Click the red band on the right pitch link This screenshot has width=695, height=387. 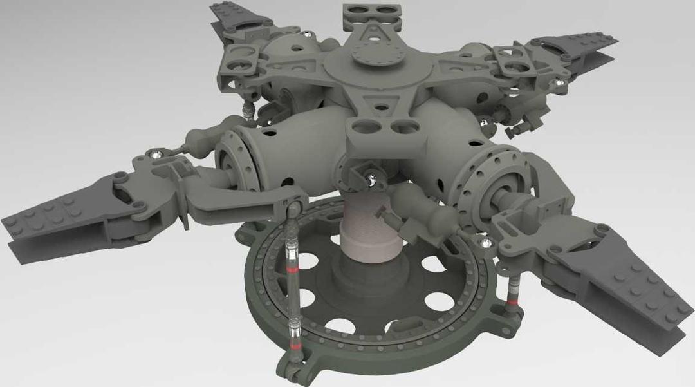[512, 300]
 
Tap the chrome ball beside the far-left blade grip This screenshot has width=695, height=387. [156, 153]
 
